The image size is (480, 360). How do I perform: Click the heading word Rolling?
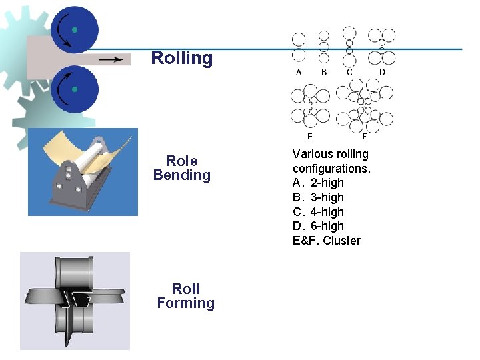182,58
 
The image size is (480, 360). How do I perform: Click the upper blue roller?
74,30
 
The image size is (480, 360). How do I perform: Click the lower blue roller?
74,89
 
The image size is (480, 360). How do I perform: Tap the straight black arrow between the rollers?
110,59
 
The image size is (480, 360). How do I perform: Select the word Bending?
181,175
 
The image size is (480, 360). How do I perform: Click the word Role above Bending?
182,161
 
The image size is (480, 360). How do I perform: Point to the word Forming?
185,303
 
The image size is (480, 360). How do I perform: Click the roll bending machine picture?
83,172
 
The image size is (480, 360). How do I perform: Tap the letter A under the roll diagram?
298,71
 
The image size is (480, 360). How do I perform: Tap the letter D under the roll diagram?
381,71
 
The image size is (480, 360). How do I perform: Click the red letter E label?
310,136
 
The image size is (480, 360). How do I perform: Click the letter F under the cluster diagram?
363,137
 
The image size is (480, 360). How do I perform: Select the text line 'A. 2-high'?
318,183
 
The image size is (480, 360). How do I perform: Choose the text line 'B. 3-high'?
318,197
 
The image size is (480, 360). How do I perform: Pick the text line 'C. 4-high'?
318,212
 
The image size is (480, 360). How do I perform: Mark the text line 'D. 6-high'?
318,226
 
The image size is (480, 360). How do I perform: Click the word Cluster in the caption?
342,241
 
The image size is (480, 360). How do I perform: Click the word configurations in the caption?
331,169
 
